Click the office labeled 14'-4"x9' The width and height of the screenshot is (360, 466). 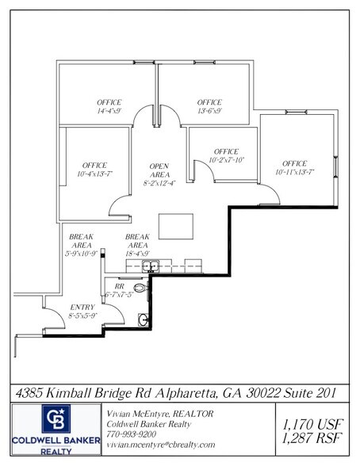tap(109, 107)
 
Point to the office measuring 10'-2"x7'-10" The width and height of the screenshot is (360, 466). tap(227, 155)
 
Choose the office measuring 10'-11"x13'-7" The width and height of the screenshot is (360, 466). tap(294, 167)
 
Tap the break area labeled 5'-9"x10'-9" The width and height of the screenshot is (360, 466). tap(82, 245)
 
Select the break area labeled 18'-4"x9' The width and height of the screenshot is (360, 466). tap(139, 245)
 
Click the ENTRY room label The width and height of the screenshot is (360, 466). tap(82, 311)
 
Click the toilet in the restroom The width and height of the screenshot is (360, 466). tap(140, 290)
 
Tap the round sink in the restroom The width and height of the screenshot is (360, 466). tap(144, 320)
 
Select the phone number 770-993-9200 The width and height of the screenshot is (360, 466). tap(131, 434)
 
